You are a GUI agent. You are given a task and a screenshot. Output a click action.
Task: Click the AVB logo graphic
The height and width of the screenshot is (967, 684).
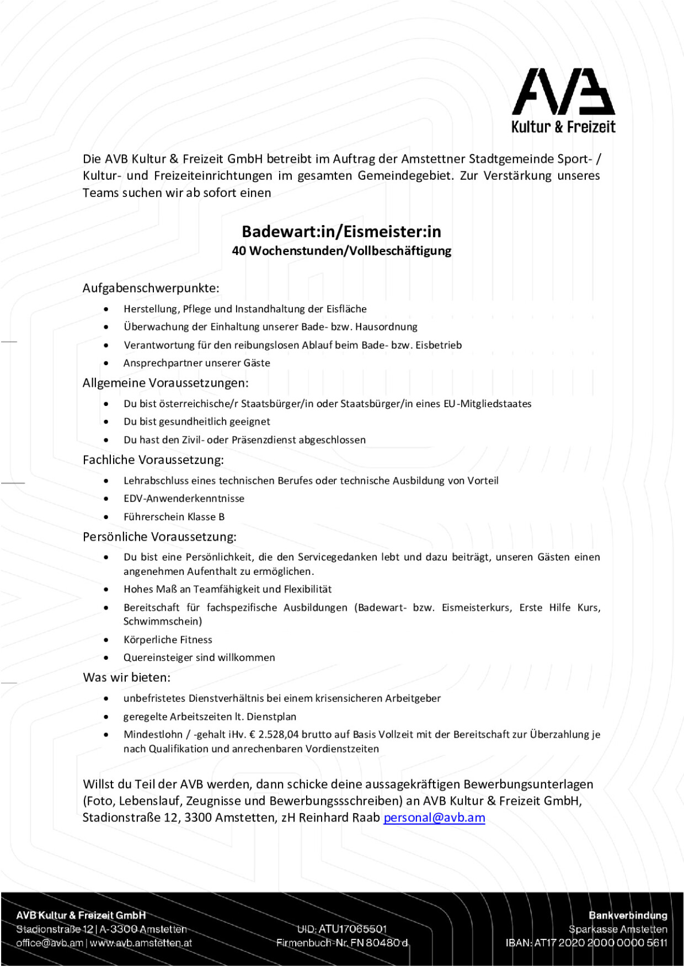tap(563, 92)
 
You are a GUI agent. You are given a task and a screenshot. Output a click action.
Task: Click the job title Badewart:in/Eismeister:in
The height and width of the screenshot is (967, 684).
tap(341, 231)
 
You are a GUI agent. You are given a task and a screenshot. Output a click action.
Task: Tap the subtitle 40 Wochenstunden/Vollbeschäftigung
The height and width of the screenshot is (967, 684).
tap(341, 251)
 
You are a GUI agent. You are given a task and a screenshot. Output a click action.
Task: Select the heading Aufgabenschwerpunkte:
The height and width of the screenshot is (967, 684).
tap(151, 288)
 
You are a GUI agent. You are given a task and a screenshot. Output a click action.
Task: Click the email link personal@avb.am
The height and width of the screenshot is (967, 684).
tap(434, 818)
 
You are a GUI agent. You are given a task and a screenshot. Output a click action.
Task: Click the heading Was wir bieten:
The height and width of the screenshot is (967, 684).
tap(126, 677)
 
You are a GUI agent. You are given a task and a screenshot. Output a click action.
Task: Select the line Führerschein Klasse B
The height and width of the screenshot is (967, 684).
tap(174, 517)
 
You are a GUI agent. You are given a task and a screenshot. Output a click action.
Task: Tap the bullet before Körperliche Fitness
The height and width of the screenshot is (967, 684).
tap(106, 640)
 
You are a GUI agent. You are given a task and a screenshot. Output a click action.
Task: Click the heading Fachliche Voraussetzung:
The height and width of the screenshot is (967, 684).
tap(153, 460)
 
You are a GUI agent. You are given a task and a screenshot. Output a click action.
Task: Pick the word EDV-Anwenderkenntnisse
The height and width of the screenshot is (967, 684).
tap(184, 499)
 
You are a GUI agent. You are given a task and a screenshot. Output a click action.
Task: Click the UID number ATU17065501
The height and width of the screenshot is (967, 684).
tap(352, 929)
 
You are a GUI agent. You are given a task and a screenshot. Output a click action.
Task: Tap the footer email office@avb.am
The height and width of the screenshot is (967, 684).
tap(50, 943)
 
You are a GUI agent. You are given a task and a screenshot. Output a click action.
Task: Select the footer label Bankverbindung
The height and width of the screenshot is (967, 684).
tap(628, 915)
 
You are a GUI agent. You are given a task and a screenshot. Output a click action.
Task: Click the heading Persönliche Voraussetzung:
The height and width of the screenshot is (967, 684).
tap(159, 537)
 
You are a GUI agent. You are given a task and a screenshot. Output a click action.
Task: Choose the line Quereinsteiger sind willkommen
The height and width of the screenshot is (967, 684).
tap(199, 658)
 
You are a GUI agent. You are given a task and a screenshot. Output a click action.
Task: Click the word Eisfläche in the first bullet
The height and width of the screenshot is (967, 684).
tap(346, 309)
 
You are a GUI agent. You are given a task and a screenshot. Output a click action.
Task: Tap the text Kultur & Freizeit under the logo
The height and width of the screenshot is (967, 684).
tap(563, 127)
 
